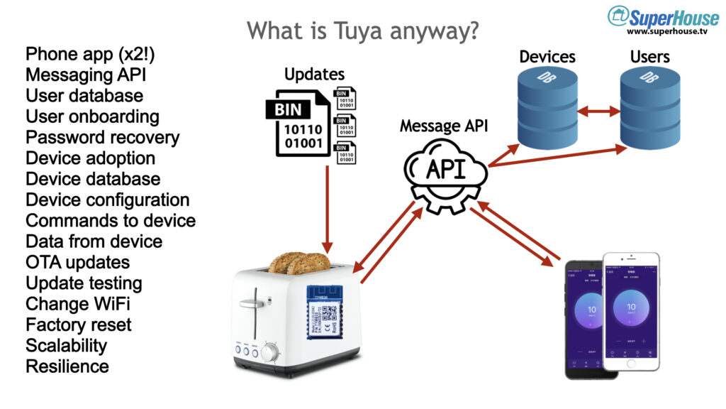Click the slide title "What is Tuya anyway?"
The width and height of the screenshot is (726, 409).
point(362,31)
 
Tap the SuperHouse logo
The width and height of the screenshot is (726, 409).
point(659,16)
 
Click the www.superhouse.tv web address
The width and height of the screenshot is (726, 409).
point(667,32)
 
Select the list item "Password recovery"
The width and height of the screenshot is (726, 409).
point(102,137)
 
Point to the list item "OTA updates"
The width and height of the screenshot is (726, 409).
point(77,262)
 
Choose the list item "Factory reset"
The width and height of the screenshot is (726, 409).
point(78,325)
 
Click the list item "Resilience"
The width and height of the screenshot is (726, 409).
point(67,366)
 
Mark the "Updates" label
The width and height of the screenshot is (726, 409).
point(314,74)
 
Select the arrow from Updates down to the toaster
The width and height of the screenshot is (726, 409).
point(327,206)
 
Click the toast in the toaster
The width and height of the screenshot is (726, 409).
point(299,263)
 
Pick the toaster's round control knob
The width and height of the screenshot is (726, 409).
point(269,352)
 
